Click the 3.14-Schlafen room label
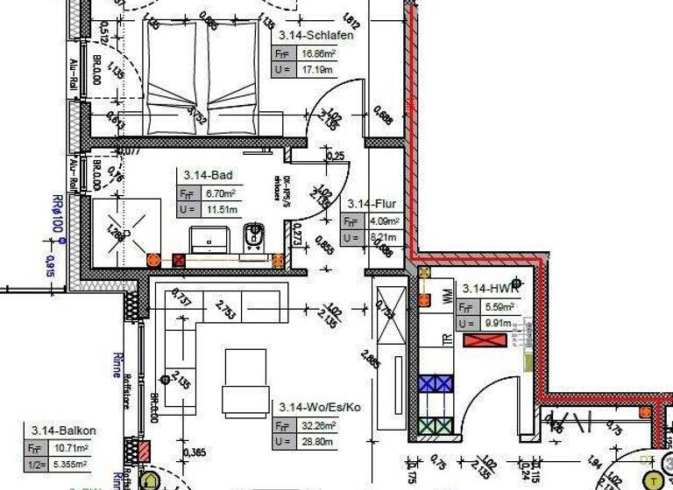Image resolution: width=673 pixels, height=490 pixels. [316, 36]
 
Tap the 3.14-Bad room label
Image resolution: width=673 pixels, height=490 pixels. [203, 176]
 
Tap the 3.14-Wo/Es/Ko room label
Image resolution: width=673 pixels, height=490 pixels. [319, 408]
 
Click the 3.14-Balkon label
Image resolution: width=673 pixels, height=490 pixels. [63, 430]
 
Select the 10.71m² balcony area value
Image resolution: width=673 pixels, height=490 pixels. [70, 448]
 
